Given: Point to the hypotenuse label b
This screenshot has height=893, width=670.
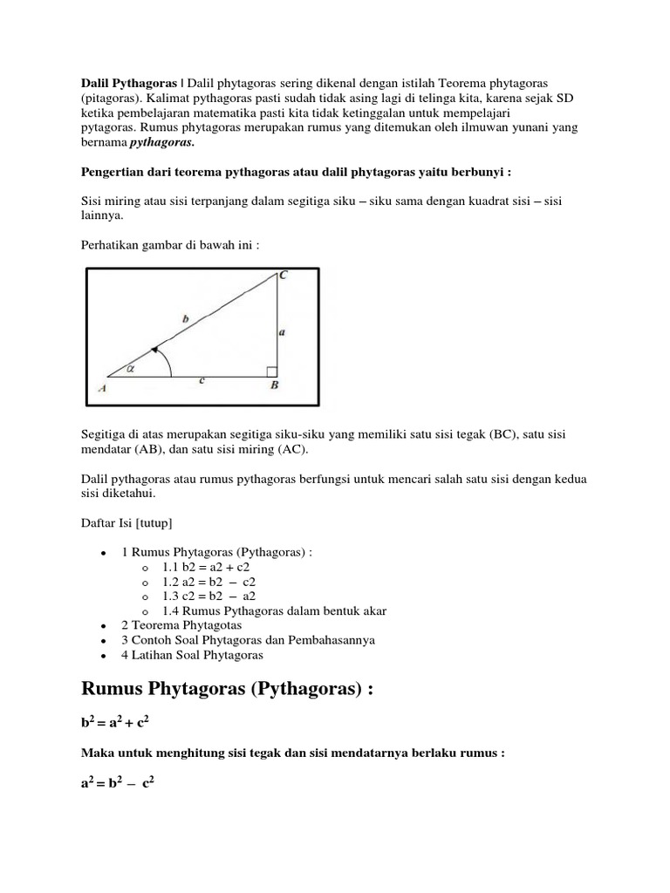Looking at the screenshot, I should click(x=185, y=320).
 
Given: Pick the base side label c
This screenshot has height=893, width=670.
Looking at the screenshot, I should click(x=202, y=380).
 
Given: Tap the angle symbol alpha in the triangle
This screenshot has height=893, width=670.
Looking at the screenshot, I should click(x=131, y=368).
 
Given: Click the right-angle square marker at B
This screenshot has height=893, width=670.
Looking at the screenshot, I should click(x=271, y=372).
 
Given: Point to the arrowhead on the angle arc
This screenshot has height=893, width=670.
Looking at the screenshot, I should click(x=154, y=350).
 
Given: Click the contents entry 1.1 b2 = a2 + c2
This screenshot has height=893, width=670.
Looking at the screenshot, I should click(x=212, y=567).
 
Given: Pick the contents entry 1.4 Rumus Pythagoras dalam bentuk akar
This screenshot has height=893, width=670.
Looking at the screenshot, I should click(x=274, y=610).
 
